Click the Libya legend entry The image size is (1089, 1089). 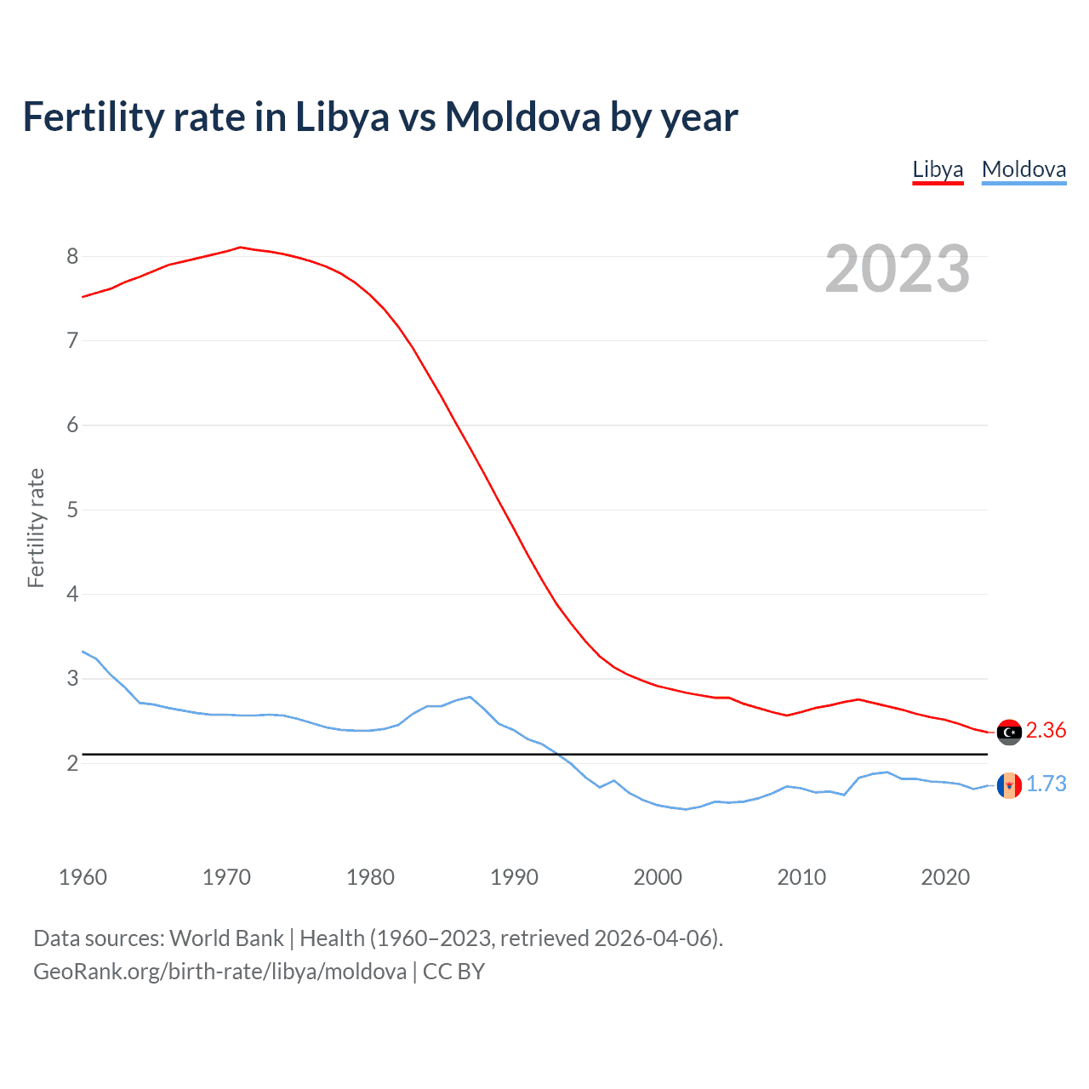click(938, 169)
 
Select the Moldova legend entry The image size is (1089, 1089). click(1023, 169)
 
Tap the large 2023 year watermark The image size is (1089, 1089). click(898, 269)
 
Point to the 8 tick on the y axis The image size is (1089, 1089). click(72, 256)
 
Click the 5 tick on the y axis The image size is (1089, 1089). click(72, 510)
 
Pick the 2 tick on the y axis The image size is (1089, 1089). click(72, 763)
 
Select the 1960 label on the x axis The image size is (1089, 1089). click(83, 877)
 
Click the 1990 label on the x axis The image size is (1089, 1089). click(514, 877)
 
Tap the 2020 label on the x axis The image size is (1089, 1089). click(945, 877)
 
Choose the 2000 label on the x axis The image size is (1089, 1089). click(658, 877)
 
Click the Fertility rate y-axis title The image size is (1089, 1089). click(36, 527)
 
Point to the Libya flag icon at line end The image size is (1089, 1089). click(1009, 732)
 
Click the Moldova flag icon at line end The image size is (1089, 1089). click(1009, 785)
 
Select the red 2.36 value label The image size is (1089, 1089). click(1046, 731)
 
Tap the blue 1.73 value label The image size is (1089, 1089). click(1046, 784)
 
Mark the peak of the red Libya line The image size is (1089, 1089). click(241, 247)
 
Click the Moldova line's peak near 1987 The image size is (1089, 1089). click(470, 697)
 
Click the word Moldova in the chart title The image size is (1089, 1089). click(522, 117)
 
